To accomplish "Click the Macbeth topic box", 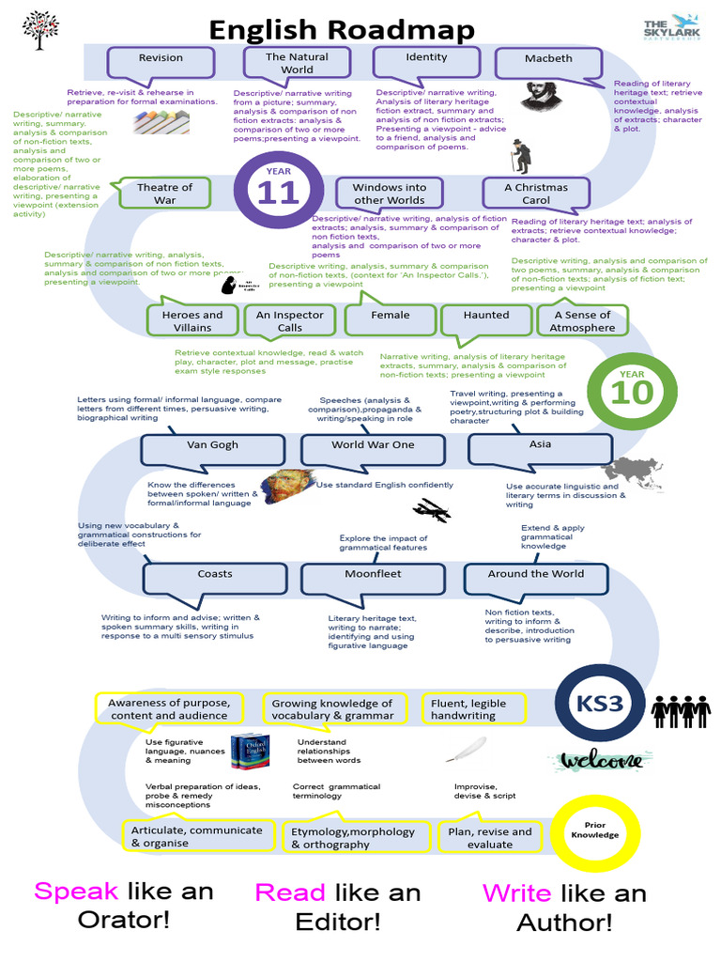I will (x=548, y=60).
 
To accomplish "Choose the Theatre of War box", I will (x=164, y=194).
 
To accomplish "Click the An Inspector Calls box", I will (x=290, y=320).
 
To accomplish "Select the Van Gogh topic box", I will (x=213, y=446).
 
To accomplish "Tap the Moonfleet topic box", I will (x=373, y=575).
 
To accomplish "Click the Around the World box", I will (x=535, y=575).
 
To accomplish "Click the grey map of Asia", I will (x=631, y=470).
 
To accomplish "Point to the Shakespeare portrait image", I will (x=536, y=94).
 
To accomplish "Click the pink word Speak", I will (x=76, y=891).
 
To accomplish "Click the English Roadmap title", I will (x=342, y=30).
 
